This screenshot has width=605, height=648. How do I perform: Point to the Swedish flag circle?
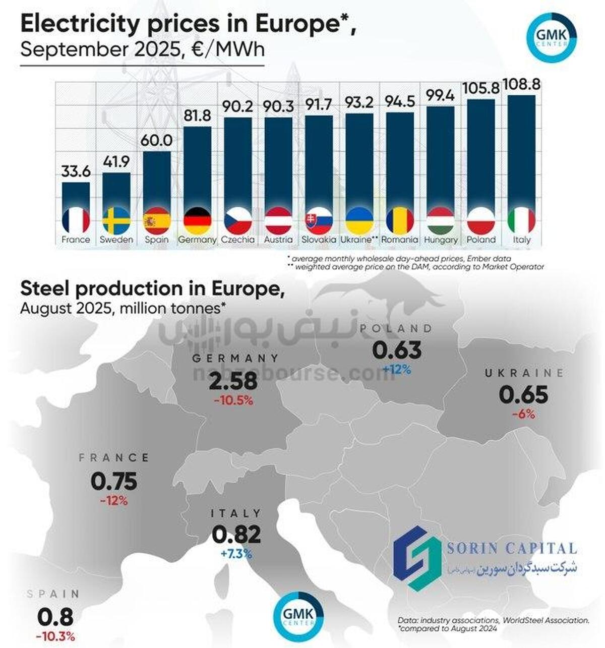click(116, 221)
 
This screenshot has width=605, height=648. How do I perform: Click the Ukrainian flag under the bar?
click(359, 221)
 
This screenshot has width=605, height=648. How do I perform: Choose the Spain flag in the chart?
click(157, 221)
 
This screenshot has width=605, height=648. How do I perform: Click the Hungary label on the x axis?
click(441, 240)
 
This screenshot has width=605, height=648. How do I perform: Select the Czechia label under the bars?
click(238, 240)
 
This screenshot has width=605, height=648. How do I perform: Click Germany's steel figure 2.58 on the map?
click(233, 381)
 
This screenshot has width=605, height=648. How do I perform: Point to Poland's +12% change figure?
click(396, 370)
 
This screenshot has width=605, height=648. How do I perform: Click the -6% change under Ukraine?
click(523, 415)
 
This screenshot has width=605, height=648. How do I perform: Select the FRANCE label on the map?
click(114, 458)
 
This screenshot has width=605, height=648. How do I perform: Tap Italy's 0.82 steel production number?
click(236, 535)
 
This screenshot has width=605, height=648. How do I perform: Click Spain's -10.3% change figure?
click(55, 636)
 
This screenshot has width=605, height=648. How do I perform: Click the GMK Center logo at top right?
click(551, 38)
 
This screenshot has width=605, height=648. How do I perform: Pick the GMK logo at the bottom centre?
click(298, 616)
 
